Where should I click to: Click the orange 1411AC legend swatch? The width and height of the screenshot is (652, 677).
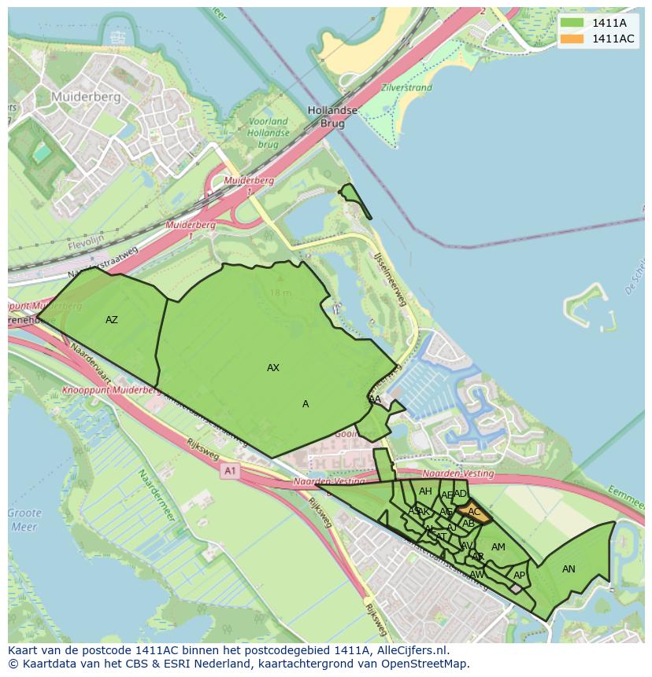(x=572, y=39)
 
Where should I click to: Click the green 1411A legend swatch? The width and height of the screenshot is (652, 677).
(x=572, y=23)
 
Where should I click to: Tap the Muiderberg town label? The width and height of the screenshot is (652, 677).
(x=86, y=97)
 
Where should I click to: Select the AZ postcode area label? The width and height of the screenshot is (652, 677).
(x=112, y=320)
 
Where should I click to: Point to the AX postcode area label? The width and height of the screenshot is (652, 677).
(x=273, y=368)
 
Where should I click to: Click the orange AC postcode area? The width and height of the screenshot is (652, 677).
(x=474, y=512)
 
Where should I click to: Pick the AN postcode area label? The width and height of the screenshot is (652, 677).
(x=569, y=569)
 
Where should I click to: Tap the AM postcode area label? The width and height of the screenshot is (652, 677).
(x=498, y=547)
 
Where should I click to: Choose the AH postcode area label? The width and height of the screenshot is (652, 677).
(x=425, y=491)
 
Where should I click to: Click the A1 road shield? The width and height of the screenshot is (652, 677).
(x=229, y=471)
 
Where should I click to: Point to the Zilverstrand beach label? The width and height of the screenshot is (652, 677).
(x=406, y=89)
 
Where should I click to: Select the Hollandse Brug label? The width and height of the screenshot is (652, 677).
(x=332, y=117)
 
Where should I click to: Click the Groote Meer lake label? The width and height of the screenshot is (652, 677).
(x=24, y=520)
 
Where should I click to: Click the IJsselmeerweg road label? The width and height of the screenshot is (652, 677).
(x=391, y=279)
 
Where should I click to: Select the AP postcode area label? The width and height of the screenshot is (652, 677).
(x=519, y=576)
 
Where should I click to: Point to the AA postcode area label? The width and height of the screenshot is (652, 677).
(x=376, y=399)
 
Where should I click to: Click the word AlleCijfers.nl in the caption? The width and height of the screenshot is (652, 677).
(x=409, y=650)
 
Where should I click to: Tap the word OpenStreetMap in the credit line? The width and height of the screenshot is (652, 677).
(x=428, y=664)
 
